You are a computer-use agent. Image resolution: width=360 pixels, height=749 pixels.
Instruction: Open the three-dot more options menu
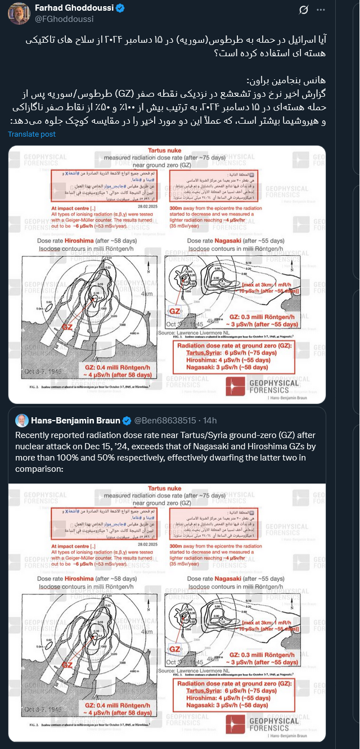coord(320,10)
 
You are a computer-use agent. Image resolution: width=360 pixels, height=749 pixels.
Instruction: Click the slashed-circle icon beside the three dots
coord(302,10)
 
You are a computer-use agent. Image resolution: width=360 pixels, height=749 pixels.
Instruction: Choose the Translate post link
coord(31,134)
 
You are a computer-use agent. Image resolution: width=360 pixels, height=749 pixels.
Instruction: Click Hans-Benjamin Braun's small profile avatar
coord(22,421)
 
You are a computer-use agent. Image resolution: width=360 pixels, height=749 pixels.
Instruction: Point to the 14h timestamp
coord(210,421)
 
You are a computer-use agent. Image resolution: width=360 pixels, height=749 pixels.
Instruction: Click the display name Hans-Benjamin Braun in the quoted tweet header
coord(75,421)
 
